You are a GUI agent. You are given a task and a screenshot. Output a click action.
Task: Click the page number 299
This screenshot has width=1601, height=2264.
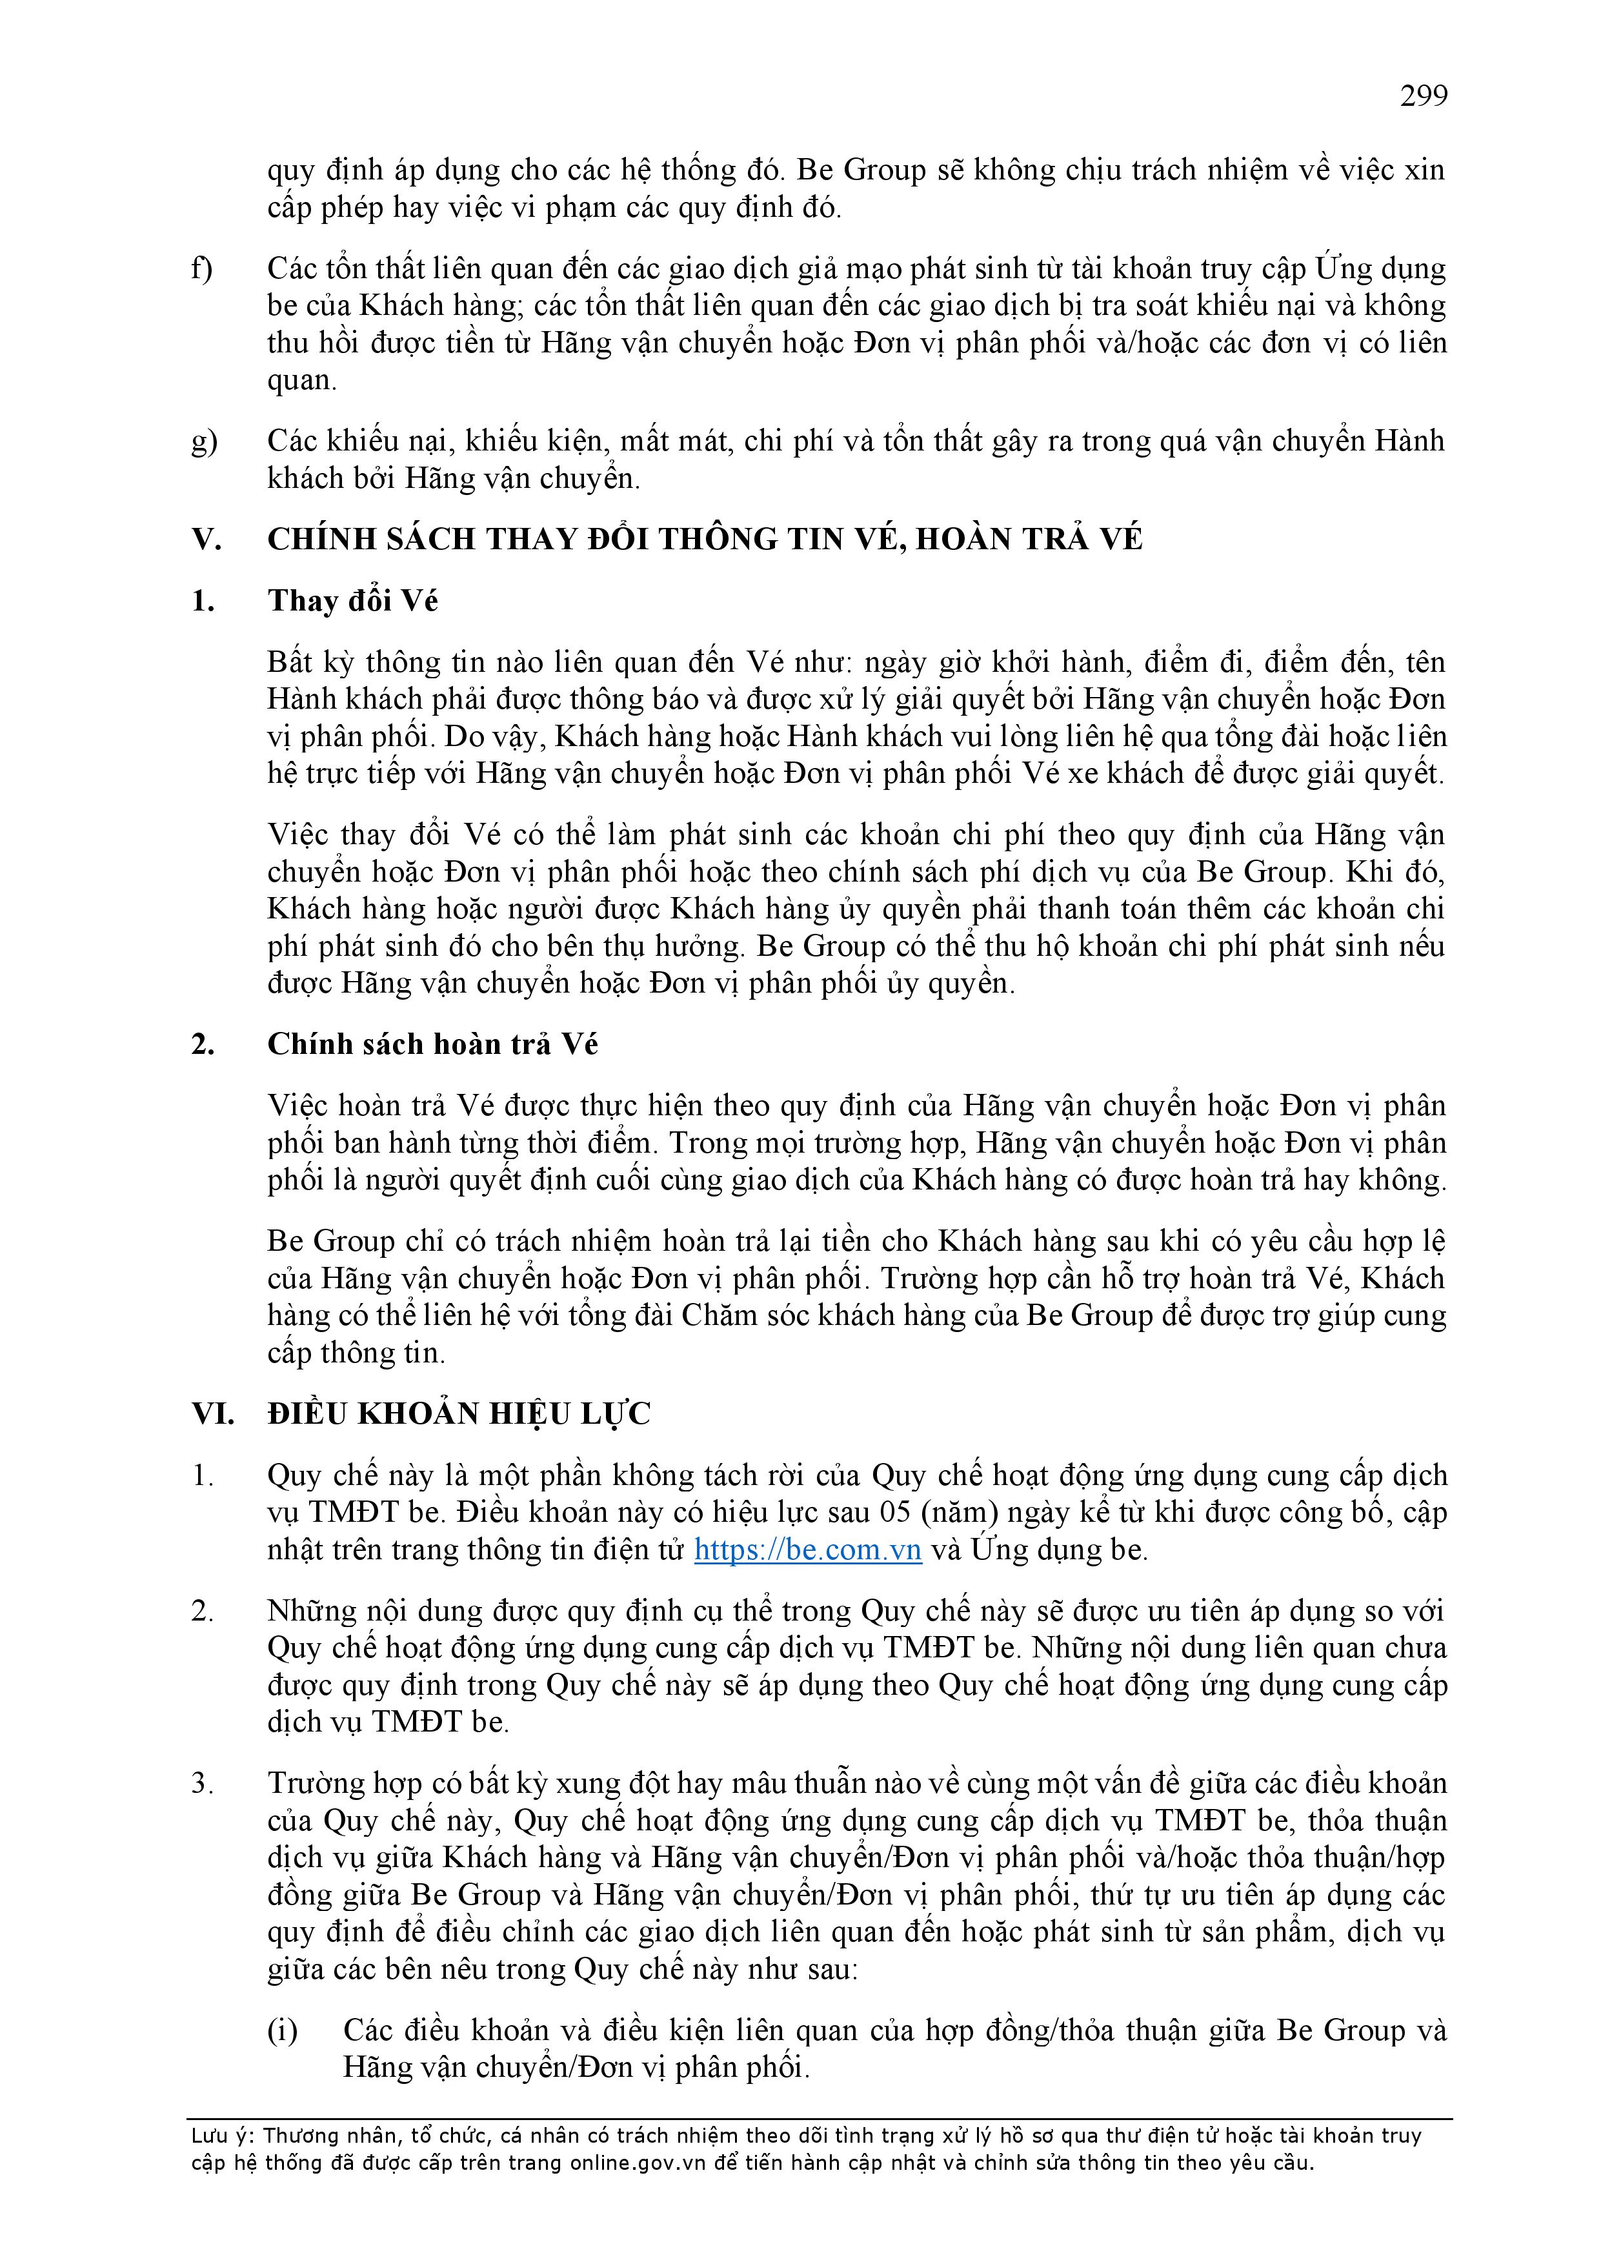(1424, 96)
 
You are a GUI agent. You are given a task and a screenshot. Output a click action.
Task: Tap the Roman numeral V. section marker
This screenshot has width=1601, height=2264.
(205, 540)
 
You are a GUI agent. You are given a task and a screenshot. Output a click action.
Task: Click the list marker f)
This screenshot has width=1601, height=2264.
(202, 268)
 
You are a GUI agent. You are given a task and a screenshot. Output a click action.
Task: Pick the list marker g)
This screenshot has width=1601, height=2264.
(203, 441)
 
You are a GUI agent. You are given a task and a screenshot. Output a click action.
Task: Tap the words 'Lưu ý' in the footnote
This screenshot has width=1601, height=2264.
(221, 2136)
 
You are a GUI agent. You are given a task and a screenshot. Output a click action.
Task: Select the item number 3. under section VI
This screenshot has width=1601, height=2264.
(202, 1783)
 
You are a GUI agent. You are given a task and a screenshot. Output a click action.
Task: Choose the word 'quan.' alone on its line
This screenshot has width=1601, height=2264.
(301, 379)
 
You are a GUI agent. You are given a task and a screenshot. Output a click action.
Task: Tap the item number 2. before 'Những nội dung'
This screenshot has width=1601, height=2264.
(202, 1610)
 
